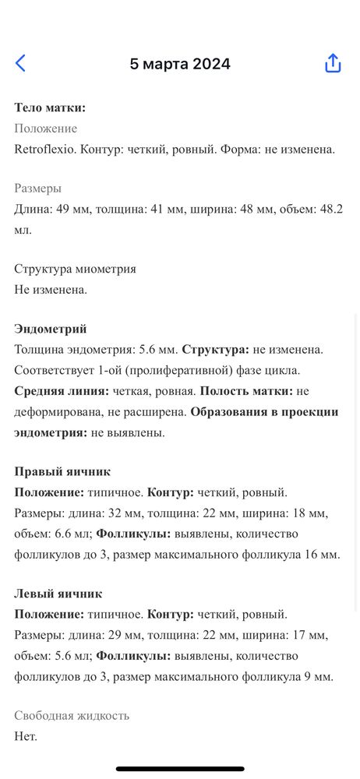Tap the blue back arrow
coord(20,64)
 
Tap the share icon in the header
coord(333,64)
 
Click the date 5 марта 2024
coord(180,64)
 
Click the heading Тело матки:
coord(50,108)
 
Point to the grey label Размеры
coord(38,189)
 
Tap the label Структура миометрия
coord(76,269)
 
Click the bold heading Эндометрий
coord(51,330)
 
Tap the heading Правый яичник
coord(62,471)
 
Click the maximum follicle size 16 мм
coord(323,554)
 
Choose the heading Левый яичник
coord(58,594)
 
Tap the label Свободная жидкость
coord(72,715)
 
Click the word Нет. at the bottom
coord(26,735)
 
